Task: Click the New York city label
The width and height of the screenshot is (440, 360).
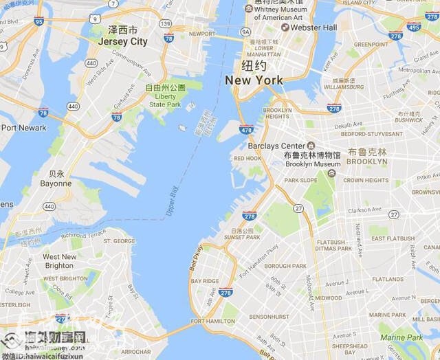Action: click(254, 80)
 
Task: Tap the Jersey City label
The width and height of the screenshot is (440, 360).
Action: click(122, 41)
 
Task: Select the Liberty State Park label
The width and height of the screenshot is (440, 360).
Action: click(166, 100)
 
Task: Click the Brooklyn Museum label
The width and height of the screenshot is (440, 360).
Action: click(312, 164)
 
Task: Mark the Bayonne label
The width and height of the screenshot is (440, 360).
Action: click(56, 183)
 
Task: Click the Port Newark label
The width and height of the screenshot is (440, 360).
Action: click(23, 128)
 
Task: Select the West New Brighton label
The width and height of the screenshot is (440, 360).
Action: click(60, 261)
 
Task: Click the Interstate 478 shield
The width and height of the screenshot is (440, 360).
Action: click(246, 130)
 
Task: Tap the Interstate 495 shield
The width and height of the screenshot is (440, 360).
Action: click(413, 27)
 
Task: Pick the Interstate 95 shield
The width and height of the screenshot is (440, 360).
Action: click(38, 21)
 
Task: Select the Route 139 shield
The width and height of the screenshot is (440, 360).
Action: click(165, 24)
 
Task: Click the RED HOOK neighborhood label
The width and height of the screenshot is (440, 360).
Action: click(247, 158)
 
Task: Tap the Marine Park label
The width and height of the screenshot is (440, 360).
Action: click(401, 337)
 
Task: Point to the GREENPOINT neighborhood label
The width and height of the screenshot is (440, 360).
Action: click(371, 44)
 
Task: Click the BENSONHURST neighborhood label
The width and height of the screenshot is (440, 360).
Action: click(269, 317)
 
